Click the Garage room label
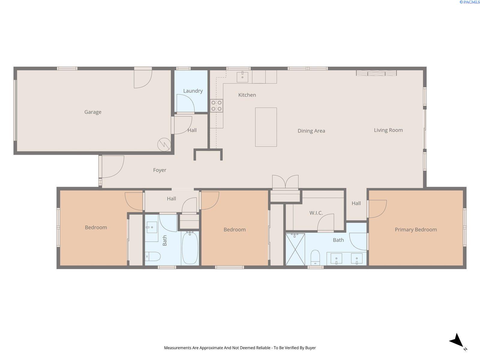[93, 112]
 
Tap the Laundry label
[193, 91]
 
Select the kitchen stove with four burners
[216, 106]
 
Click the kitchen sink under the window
[242, 77]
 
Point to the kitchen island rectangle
[266, 127]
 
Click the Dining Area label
[311, 131]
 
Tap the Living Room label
[388, 130]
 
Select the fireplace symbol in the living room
[376, 73]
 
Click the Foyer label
[160, 170]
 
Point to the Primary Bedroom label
[415, 229]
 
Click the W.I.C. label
[316, 213]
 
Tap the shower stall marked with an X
[295, 249]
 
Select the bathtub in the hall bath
[190, 247]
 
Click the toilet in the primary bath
[315, 257]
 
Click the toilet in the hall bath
[153, 256]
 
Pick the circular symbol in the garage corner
[164, 145]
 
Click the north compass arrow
[457, 341]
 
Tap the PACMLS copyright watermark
[469, 2]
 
